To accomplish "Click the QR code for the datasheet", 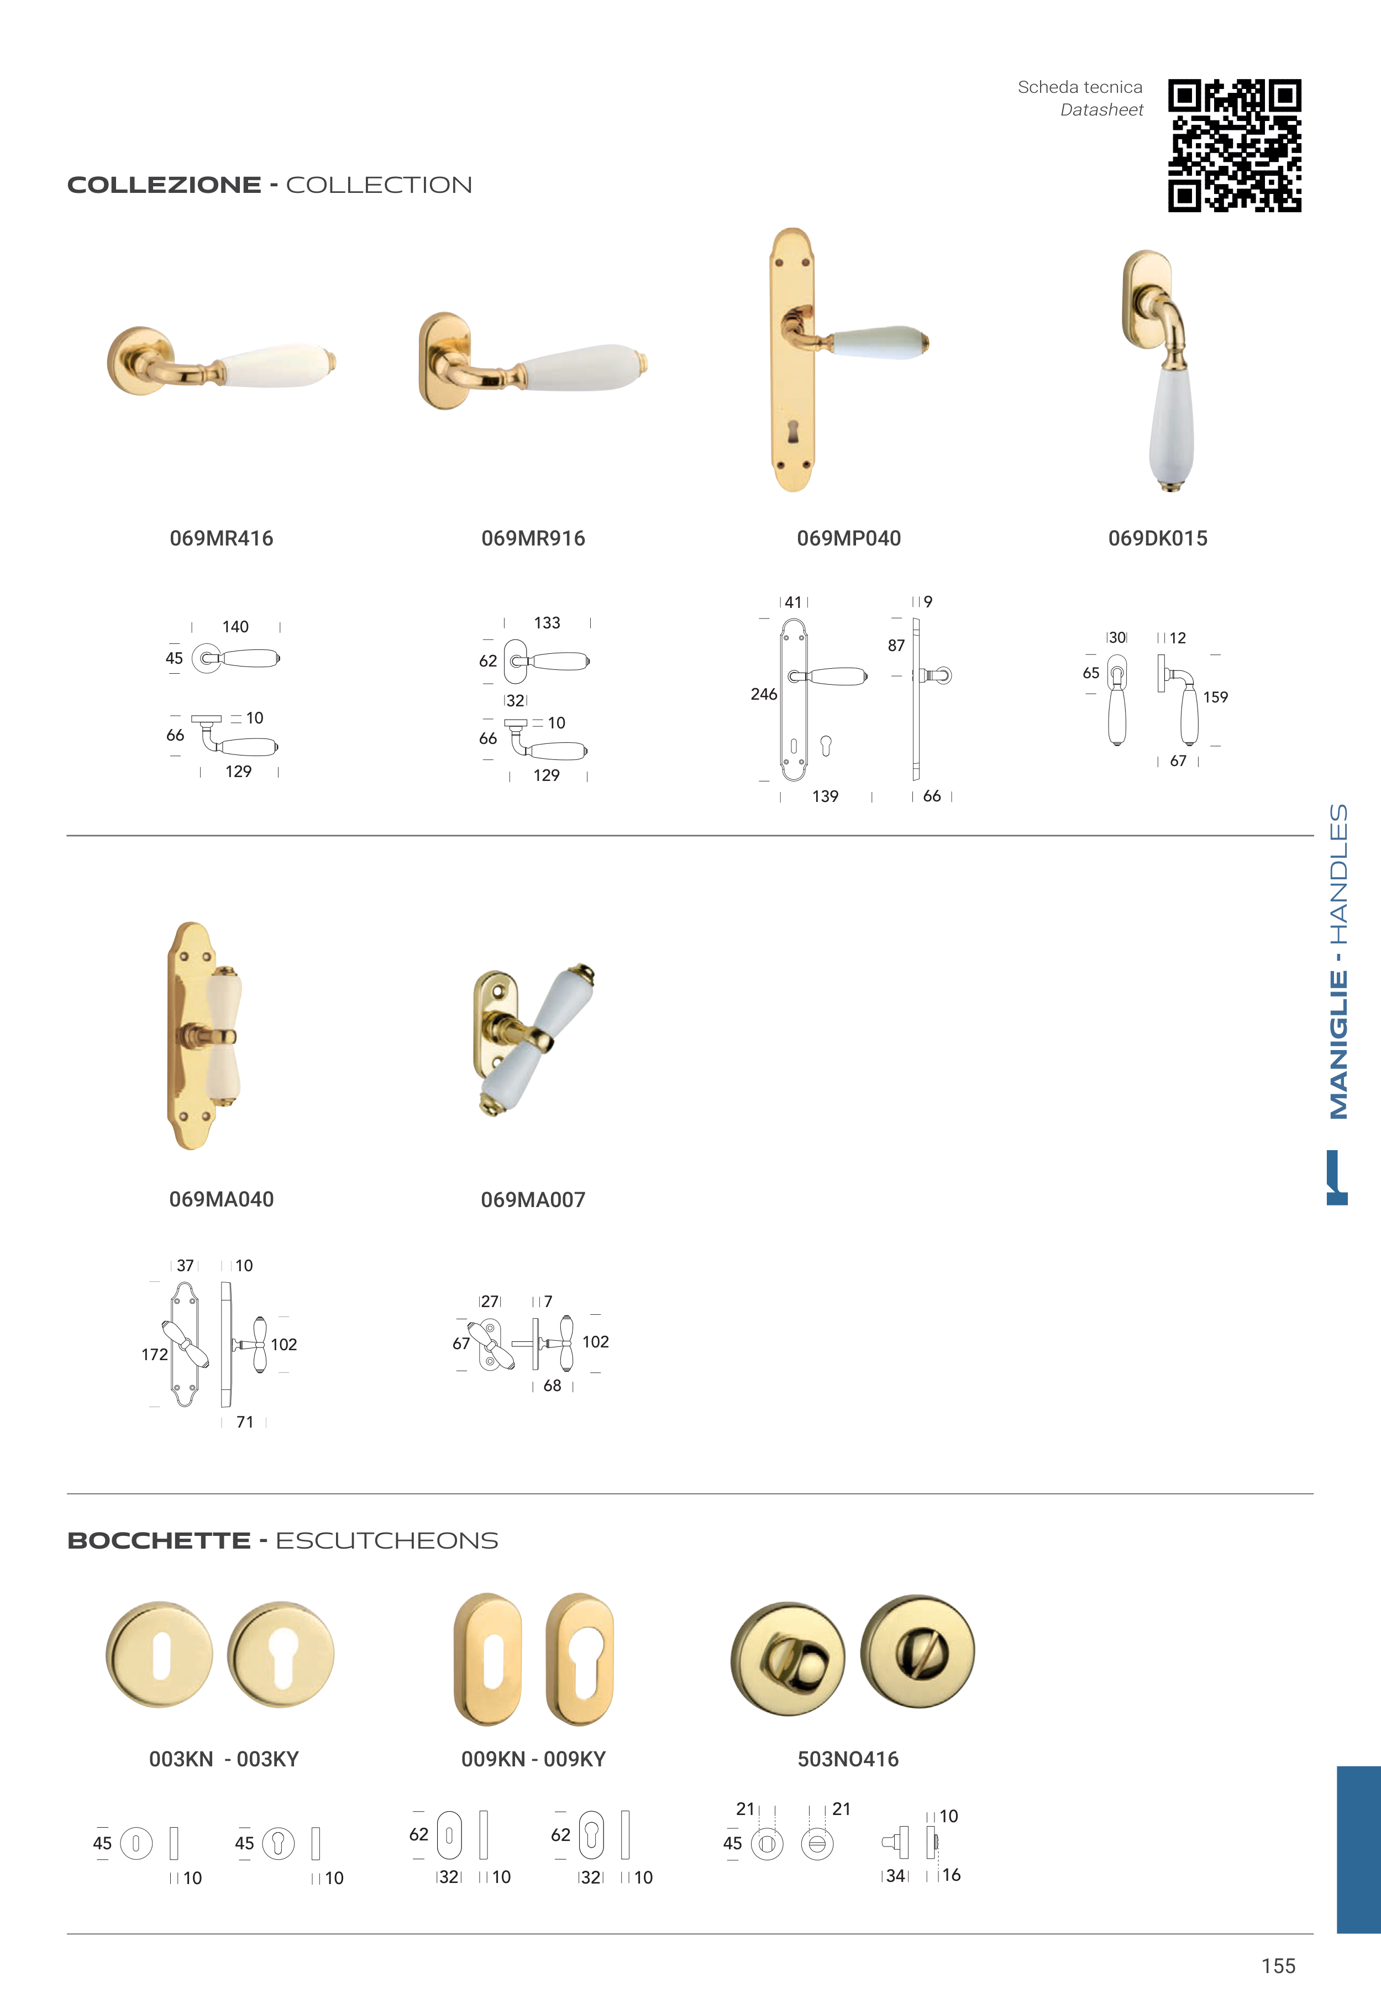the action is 1234,145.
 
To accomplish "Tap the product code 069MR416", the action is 222,538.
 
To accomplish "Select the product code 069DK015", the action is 1158,538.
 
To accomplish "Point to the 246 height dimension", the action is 764,694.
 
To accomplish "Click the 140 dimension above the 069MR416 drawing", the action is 235,626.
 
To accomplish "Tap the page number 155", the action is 1278,1966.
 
